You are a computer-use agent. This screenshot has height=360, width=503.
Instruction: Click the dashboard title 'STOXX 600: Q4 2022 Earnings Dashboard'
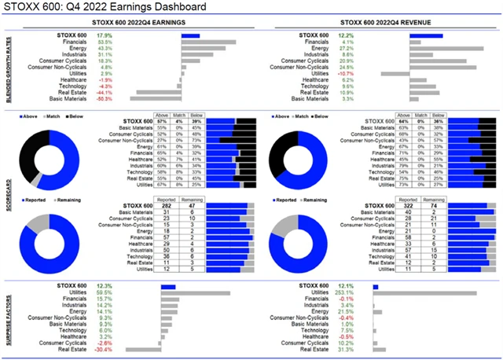click(x=106, y=7)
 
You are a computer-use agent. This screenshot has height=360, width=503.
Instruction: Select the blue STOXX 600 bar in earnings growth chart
click(x=189, y=35)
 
